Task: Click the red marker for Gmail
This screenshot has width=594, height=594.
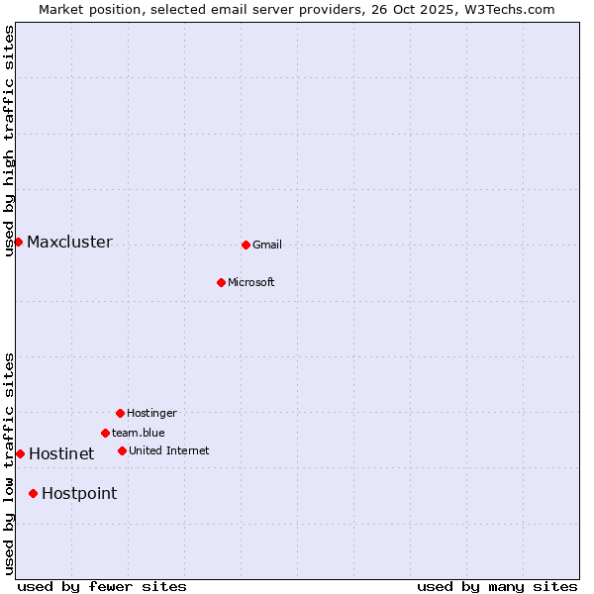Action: point(246,245)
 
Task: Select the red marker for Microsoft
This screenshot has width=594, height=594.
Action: point(221,282)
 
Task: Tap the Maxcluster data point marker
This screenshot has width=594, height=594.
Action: point(18,242)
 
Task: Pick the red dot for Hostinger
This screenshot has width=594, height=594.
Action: point(120,413)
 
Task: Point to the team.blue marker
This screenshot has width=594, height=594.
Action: point(105,433)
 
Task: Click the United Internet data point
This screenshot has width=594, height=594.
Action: point(122,450)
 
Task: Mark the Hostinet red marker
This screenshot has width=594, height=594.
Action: point(20,453)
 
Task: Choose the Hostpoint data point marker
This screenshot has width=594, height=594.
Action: point(33,493)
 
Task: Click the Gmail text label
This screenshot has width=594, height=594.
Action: point(267,245)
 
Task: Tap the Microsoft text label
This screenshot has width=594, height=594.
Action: point(251,282)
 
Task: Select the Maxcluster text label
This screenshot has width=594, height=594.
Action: point(69,242)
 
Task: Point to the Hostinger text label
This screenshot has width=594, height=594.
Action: point(151,413)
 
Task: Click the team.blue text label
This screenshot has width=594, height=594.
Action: point(139,433)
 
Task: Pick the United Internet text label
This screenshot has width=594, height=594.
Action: point(168,450)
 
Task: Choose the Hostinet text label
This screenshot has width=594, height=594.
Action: point(61,453)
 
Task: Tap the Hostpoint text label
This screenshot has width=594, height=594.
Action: point(79,493)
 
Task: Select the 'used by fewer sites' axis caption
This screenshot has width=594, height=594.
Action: point(102,586)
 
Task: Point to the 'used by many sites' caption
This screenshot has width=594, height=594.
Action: point(497,586)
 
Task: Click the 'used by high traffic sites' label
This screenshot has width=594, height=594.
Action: point(9,141)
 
